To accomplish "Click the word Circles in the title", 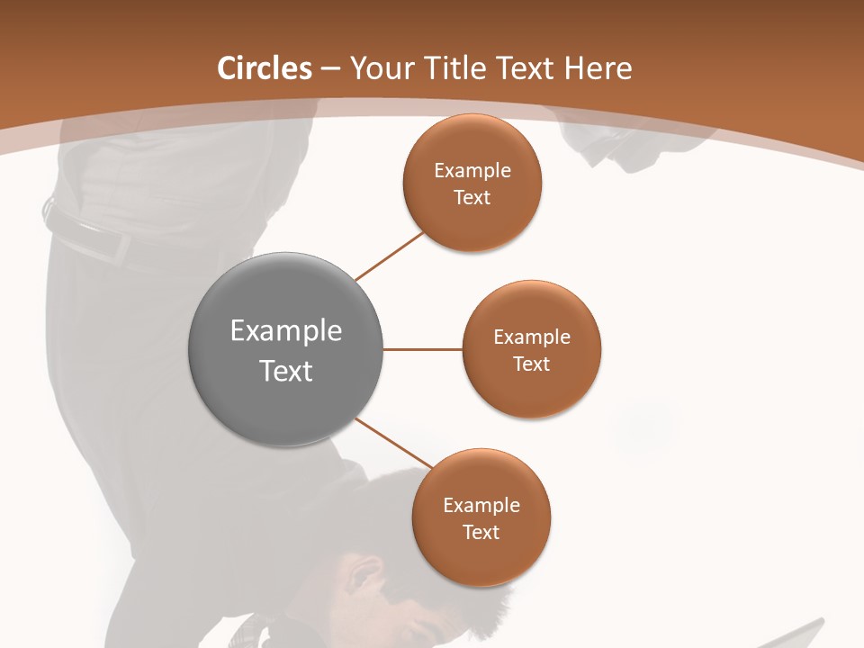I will pyautogui.click(x=265, y=68).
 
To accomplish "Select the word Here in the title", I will pyautogui.click(x=598, y=68).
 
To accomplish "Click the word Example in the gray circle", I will pyautogui.click(x=286, y=331).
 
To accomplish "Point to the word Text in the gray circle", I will pyautogui.click(x=286, y=371).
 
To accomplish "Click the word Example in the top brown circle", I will pyautogui.click(x=472, y=171).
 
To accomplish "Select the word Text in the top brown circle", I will pyautogui.click(x=472, y=198).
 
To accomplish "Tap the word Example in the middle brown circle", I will pyautogui.click(x=532, y=337).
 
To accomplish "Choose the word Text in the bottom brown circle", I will pyautogui.click(x=481, y=533).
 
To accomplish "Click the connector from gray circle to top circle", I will pyautogui.click(x=389, y=256).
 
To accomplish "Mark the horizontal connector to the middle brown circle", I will pyautogui.click(x=423, y=349).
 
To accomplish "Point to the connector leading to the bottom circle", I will pyautogui.click(x=393, y=442).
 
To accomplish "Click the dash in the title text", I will pyautogui.click(x=330, y=69).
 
